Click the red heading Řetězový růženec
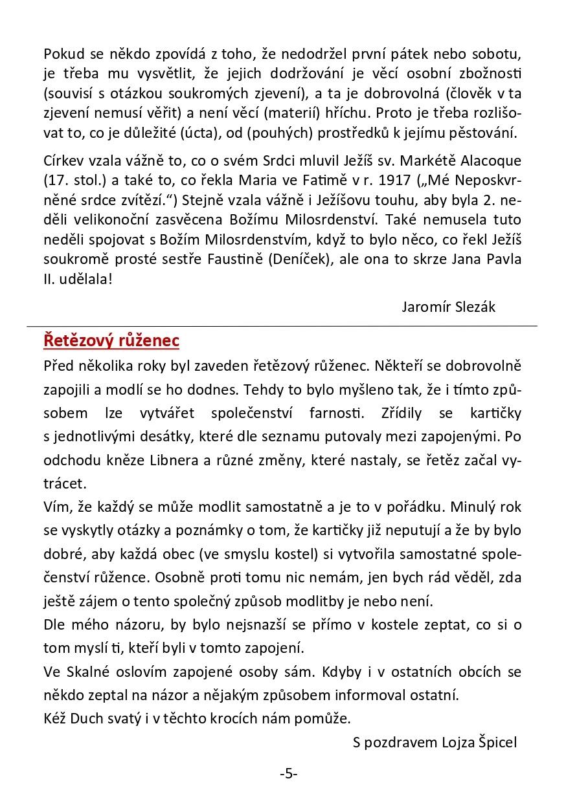tap(111, 340)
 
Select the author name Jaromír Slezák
tap(448, 307)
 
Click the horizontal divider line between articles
tap(282, 325)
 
